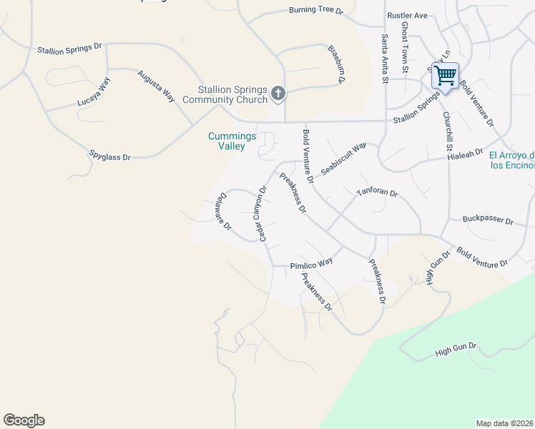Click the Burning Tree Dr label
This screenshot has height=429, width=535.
(x=316, y=11)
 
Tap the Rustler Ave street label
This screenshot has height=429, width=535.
(x=406, y=15)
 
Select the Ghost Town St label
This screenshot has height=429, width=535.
(x=405, y=47)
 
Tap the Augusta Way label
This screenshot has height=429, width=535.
(x=156, y=86)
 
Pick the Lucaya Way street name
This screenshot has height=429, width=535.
(x=94, y=92)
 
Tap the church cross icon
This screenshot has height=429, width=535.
(x=278, y=93)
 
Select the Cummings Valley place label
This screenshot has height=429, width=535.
(x=227, y=141)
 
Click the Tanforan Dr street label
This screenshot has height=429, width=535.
(x=377, y=193)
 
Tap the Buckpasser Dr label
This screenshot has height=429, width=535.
(x=488, y=220)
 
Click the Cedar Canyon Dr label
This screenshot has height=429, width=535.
(x=257, y=214)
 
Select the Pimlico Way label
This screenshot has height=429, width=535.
(x=311, y=264)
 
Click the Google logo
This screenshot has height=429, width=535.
(x=24, y=420)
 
